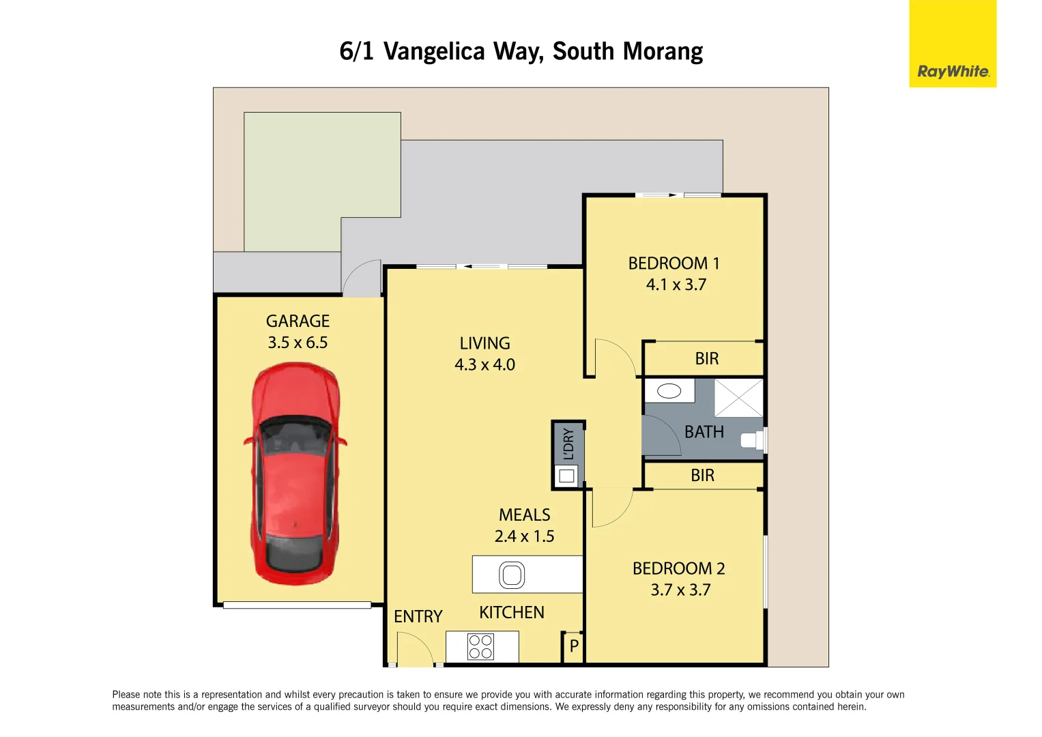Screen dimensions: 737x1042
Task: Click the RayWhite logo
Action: click(953, 71)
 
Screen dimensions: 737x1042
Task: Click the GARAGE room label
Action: click(298, 321)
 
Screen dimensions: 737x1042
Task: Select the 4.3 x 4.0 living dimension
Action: click(484, 365)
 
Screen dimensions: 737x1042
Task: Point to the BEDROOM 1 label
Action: click(674, 263)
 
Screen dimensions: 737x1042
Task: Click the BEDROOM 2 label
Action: click(678, 568)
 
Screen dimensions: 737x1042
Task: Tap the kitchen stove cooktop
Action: click(480, 647)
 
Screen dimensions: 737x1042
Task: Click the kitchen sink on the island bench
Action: click(512, 575)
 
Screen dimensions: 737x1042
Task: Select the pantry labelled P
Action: click(574, 646)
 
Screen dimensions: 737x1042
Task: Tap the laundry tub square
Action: click(566, 476)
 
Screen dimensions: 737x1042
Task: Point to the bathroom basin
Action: click(669, 391)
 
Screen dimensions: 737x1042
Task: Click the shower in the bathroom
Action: click(738, 398)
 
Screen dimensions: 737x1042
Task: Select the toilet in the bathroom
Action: click(753, 440)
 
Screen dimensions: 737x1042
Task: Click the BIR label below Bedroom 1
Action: click(706, 359)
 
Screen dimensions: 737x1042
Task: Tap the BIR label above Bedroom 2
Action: click(702, 476)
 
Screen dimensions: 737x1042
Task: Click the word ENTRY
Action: click(418, 617)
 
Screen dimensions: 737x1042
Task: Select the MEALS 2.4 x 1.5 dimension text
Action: click(524, 536)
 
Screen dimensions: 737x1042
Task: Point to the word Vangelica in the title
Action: click(434, 52)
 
